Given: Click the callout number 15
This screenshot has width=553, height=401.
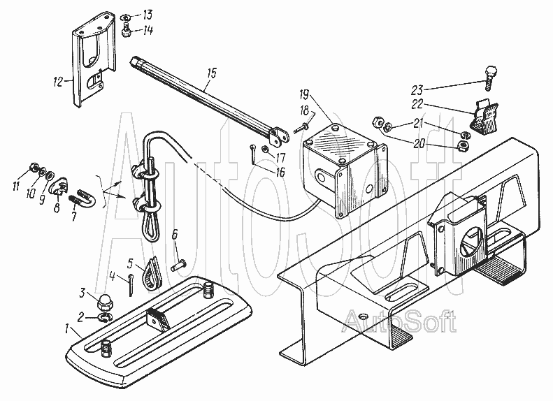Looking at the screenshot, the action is click(x=212, y=73).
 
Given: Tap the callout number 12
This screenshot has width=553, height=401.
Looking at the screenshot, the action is click(x=58, y=82).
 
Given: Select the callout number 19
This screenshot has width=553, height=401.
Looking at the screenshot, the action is click(x=304, y=95).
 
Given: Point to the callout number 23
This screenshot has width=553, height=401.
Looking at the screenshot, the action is click(x=417, y=90).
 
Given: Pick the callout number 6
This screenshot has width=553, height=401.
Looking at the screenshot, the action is click(x=175, y=233).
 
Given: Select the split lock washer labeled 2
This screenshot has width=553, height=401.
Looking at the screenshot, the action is click(x=105, y=318).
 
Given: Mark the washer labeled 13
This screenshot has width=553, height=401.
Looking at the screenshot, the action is click(x=126, y=17).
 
